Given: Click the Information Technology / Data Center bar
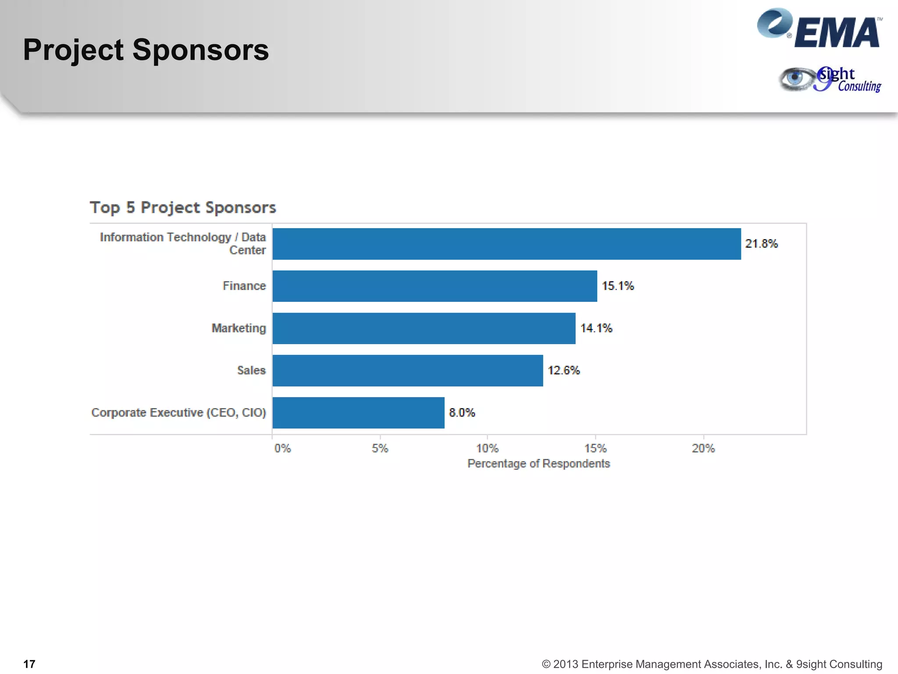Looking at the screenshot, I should (506, 244).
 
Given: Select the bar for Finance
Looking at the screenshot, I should (435, 286).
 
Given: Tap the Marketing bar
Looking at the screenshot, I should (424, 328).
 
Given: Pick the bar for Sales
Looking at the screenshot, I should (407, 370).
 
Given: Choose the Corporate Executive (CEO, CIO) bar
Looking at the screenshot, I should (358, 412).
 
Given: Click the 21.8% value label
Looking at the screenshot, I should (761, 244).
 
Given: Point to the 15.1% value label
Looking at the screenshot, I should (617, 286).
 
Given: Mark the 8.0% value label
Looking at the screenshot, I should (462, 412).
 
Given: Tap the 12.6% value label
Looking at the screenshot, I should (563, 370).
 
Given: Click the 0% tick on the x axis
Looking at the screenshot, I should (282, 448).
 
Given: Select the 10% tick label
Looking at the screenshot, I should (487, 448).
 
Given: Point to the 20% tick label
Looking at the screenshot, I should (703, 448).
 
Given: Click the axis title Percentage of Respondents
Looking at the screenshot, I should (538, 464).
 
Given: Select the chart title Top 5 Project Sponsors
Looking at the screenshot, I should (183, 208).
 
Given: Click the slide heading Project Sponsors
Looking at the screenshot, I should (146, 50).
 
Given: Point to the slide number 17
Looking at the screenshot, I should (29, 664).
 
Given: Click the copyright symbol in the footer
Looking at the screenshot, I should (546, 664).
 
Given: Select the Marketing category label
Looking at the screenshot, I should (239, 328).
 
